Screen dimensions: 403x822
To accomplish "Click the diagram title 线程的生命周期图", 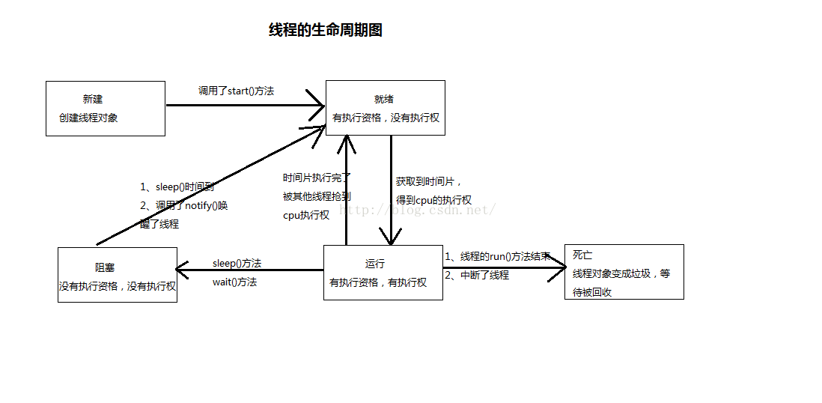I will tap(326, 30).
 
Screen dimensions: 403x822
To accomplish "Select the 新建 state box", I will tap(105, 109).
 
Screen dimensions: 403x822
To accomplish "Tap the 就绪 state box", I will tap(385, 108).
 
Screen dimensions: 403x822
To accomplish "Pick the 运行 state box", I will tap(383, 273).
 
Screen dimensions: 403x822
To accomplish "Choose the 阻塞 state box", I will tap(117, 275).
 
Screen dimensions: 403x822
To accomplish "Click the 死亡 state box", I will tap(624, 272).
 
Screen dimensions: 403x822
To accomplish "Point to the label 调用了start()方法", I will tap(236, 91).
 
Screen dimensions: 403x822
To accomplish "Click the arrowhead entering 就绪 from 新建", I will tap(317, 105).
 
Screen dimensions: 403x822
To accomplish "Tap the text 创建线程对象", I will tap(88, 118).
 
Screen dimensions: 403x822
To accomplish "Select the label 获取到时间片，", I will tap(429, 181).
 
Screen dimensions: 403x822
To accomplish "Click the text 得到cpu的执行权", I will tap(433, 200).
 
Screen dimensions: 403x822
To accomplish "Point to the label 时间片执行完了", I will tap(316, 178).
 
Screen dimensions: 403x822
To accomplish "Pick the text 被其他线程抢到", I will tap(316, 196).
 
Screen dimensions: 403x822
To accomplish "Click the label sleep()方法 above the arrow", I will tap(237, 263).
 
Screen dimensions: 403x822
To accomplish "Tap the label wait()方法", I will tap(234, 282).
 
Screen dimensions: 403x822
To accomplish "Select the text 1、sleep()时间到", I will tap(177, 187).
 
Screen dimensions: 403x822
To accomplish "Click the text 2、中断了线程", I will tap(477, 275).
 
